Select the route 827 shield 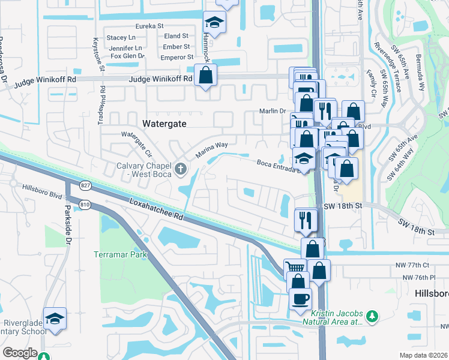click(x=86, y=185)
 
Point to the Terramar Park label click(x=120, y=254)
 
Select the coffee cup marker click(x=300, y=298)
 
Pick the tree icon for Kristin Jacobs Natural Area click(x=372, y=315)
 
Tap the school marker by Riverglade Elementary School click(x=55, y=317)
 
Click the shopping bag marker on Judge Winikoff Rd click(x=205, y=76)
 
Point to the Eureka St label click(x=149, y=26)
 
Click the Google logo click(x=20, y=353)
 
